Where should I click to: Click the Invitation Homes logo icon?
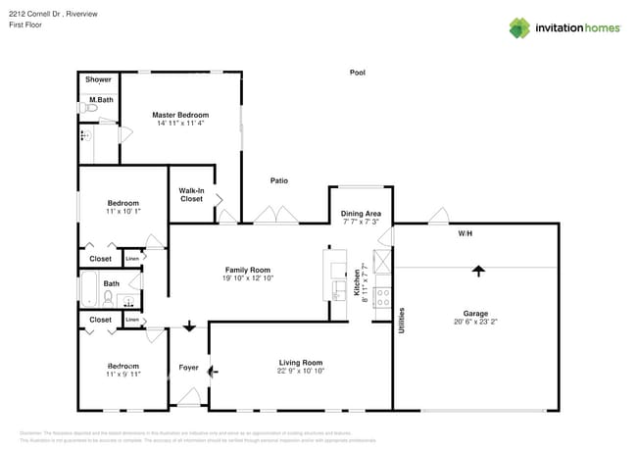(519, 27)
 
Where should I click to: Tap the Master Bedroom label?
(176, 115)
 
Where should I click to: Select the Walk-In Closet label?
(191, 195)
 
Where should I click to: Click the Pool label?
(358, 73)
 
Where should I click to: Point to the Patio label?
(279, 180)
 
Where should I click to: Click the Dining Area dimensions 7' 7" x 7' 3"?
(361, 223)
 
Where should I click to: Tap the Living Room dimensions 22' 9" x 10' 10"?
(300, 372)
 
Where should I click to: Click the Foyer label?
(188, 368)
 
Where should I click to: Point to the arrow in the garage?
(478, 270)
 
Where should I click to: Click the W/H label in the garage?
(465, 234)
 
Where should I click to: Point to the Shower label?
(98, 79)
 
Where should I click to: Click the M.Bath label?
(100, 100)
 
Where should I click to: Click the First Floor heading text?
(25, 25)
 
